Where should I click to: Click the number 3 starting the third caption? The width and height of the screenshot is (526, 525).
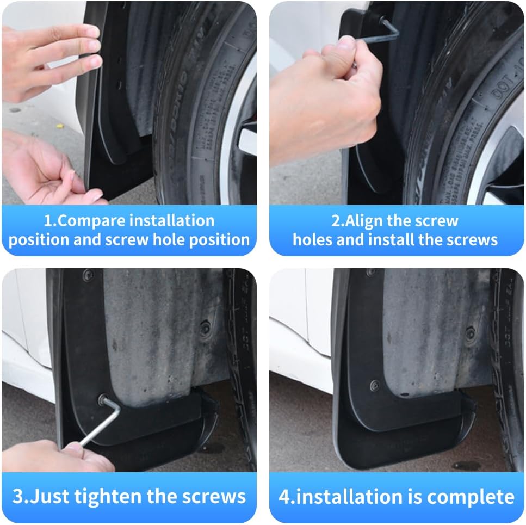[17, 496]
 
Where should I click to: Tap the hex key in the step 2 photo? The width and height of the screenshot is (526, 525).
[387, 30]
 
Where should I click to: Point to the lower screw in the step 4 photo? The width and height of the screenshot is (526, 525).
[375, 385]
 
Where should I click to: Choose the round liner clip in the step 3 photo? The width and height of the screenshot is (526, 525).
[205, 328]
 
